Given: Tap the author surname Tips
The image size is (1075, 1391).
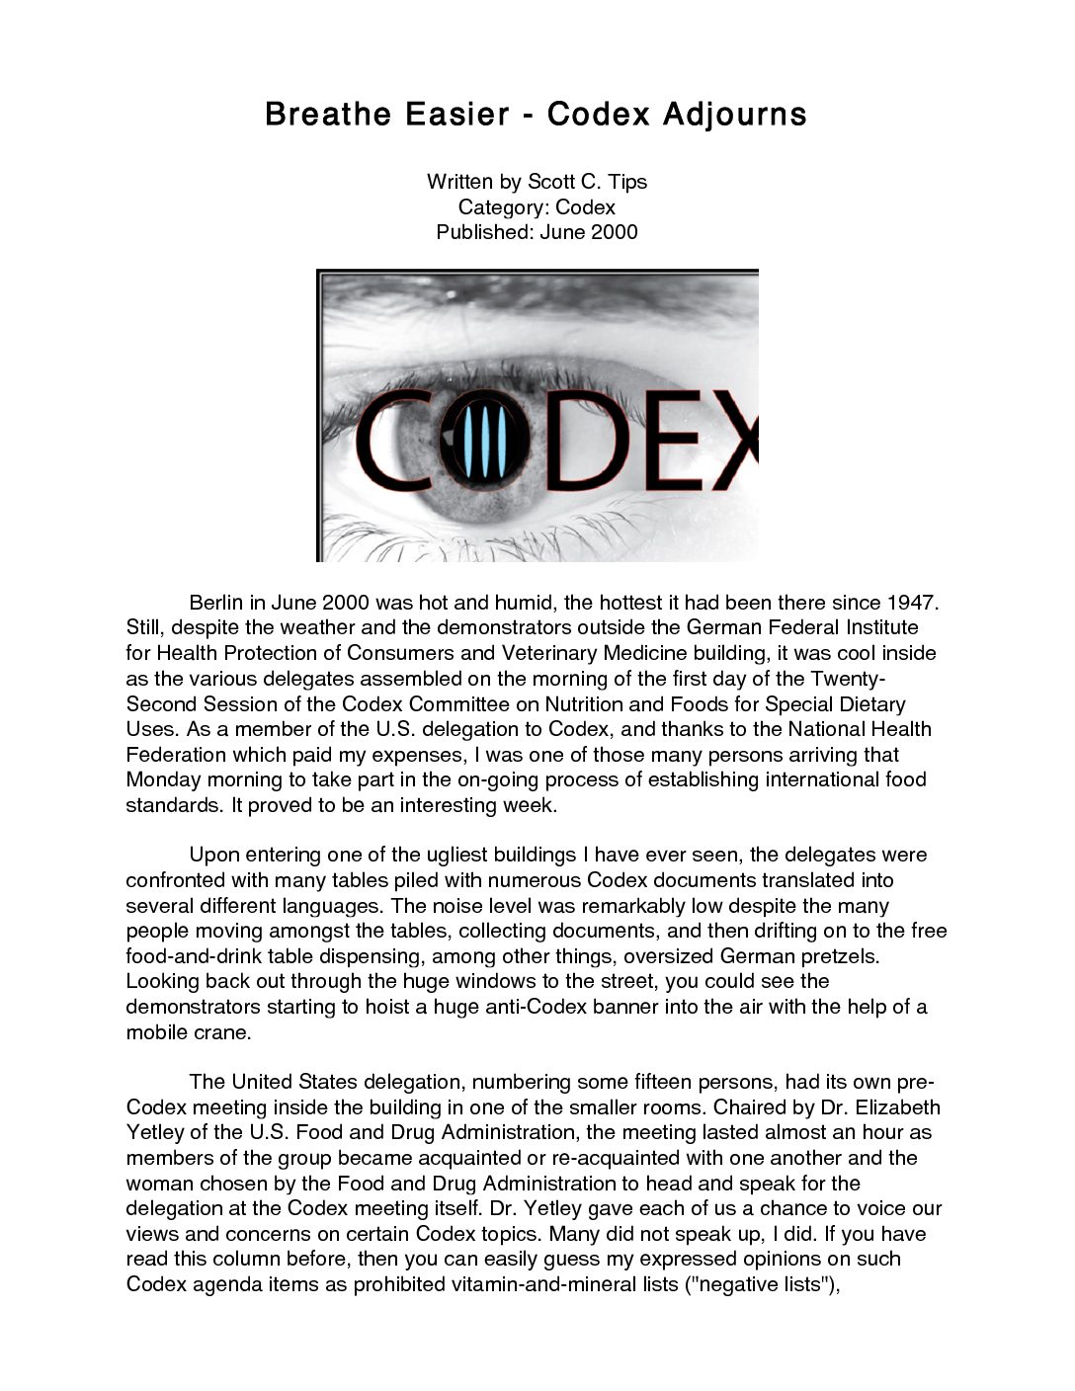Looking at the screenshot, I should [627, 182].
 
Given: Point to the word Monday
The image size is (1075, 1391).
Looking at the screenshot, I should [164, 780].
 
